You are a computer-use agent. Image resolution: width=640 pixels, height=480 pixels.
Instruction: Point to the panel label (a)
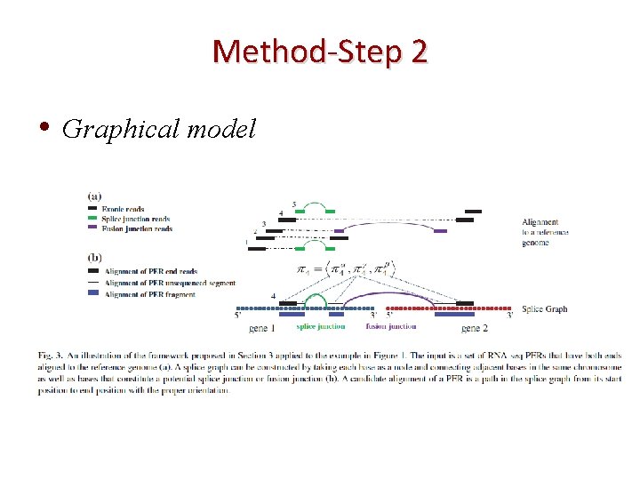coord(94,196)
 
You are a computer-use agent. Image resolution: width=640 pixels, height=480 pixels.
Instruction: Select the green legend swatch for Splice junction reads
coord(95,218)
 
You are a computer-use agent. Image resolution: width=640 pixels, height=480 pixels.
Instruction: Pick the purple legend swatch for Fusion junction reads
coord(95,228)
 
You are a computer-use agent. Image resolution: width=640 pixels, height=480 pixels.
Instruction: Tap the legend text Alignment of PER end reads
coord(150,271)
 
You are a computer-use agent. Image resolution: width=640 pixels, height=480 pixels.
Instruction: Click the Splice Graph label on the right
coord(544,309)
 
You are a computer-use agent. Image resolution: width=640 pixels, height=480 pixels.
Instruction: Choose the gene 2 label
coord(476,329)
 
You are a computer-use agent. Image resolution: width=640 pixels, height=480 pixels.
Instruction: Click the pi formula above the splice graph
coord(330,268)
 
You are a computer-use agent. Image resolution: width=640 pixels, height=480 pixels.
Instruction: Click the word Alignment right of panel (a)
coord(540,222)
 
